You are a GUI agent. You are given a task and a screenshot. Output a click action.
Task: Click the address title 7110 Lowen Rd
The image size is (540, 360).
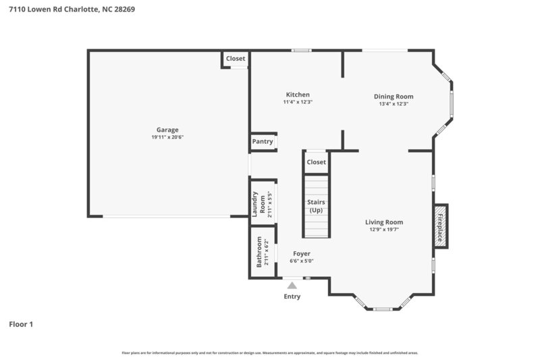(x=72, y=9)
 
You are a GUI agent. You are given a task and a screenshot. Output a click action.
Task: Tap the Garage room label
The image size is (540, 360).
(x=167, y=130)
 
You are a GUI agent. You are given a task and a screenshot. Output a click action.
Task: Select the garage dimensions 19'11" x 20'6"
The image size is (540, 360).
(x=167, y=137)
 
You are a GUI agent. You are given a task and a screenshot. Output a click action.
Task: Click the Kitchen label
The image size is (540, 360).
(x=298, y=95)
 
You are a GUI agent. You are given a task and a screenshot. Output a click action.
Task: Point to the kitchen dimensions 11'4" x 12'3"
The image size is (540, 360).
(x=298, y=102)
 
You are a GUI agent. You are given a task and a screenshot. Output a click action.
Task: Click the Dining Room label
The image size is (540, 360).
(x=394, y=97)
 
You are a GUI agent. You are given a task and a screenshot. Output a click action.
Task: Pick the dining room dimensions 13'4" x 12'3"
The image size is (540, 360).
(x=394, y=104)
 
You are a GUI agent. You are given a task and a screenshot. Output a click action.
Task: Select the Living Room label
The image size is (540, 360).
(x=384, y=222)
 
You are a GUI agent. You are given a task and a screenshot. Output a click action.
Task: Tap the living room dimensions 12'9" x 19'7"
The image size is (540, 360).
(x=384, y=230)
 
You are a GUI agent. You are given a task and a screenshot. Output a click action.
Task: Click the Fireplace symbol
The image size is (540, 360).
(x=440, y=226)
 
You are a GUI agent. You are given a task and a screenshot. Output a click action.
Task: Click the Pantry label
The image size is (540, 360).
(x=263, y=142)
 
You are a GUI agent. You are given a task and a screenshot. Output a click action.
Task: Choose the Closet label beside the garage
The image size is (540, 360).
(x=236, y=59)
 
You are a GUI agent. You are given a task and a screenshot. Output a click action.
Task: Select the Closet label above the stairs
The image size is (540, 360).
(x=316, y=162)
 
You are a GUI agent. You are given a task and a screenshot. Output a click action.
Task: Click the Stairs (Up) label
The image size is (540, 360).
(x=316, y=206)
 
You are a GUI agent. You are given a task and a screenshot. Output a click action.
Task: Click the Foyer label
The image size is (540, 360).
(x=302, y=254)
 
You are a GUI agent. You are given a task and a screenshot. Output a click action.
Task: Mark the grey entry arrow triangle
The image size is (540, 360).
(x=292, y=286)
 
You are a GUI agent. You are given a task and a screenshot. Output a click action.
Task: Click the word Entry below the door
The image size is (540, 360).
(x=292, y=297)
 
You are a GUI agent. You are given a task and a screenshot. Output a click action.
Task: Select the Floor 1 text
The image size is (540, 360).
(x=21, y=324)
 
